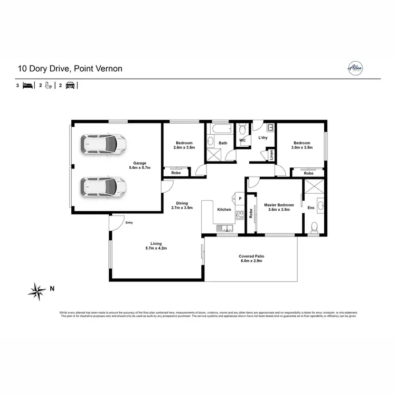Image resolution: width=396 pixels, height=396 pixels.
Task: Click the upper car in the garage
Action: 103,143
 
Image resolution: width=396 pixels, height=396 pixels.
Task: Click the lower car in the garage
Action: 103,186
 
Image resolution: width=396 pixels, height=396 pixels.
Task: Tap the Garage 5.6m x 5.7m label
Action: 140,165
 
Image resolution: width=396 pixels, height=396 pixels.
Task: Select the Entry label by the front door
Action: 129,223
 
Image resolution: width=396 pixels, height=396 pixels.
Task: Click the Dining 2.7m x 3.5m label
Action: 182,205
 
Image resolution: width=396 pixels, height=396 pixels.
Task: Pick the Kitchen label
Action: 224,210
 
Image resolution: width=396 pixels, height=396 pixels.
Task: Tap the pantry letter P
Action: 240,199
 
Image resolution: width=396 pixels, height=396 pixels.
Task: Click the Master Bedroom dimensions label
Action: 279,207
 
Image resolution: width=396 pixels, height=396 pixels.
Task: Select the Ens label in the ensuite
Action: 310,208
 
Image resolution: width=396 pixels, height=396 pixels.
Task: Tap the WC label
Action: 242,140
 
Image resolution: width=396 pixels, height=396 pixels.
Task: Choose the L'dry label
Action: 263,138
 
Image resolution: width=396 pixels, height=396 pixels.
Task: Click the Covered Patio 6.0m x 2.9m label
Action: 251,258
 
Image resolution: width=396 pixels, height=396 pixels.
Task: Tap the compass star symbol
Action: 37,289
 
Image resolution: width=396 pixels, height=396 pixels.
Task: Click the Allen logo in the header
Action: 354,68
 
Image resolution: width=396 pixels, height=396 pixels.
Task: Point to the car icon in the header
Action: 70,85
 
